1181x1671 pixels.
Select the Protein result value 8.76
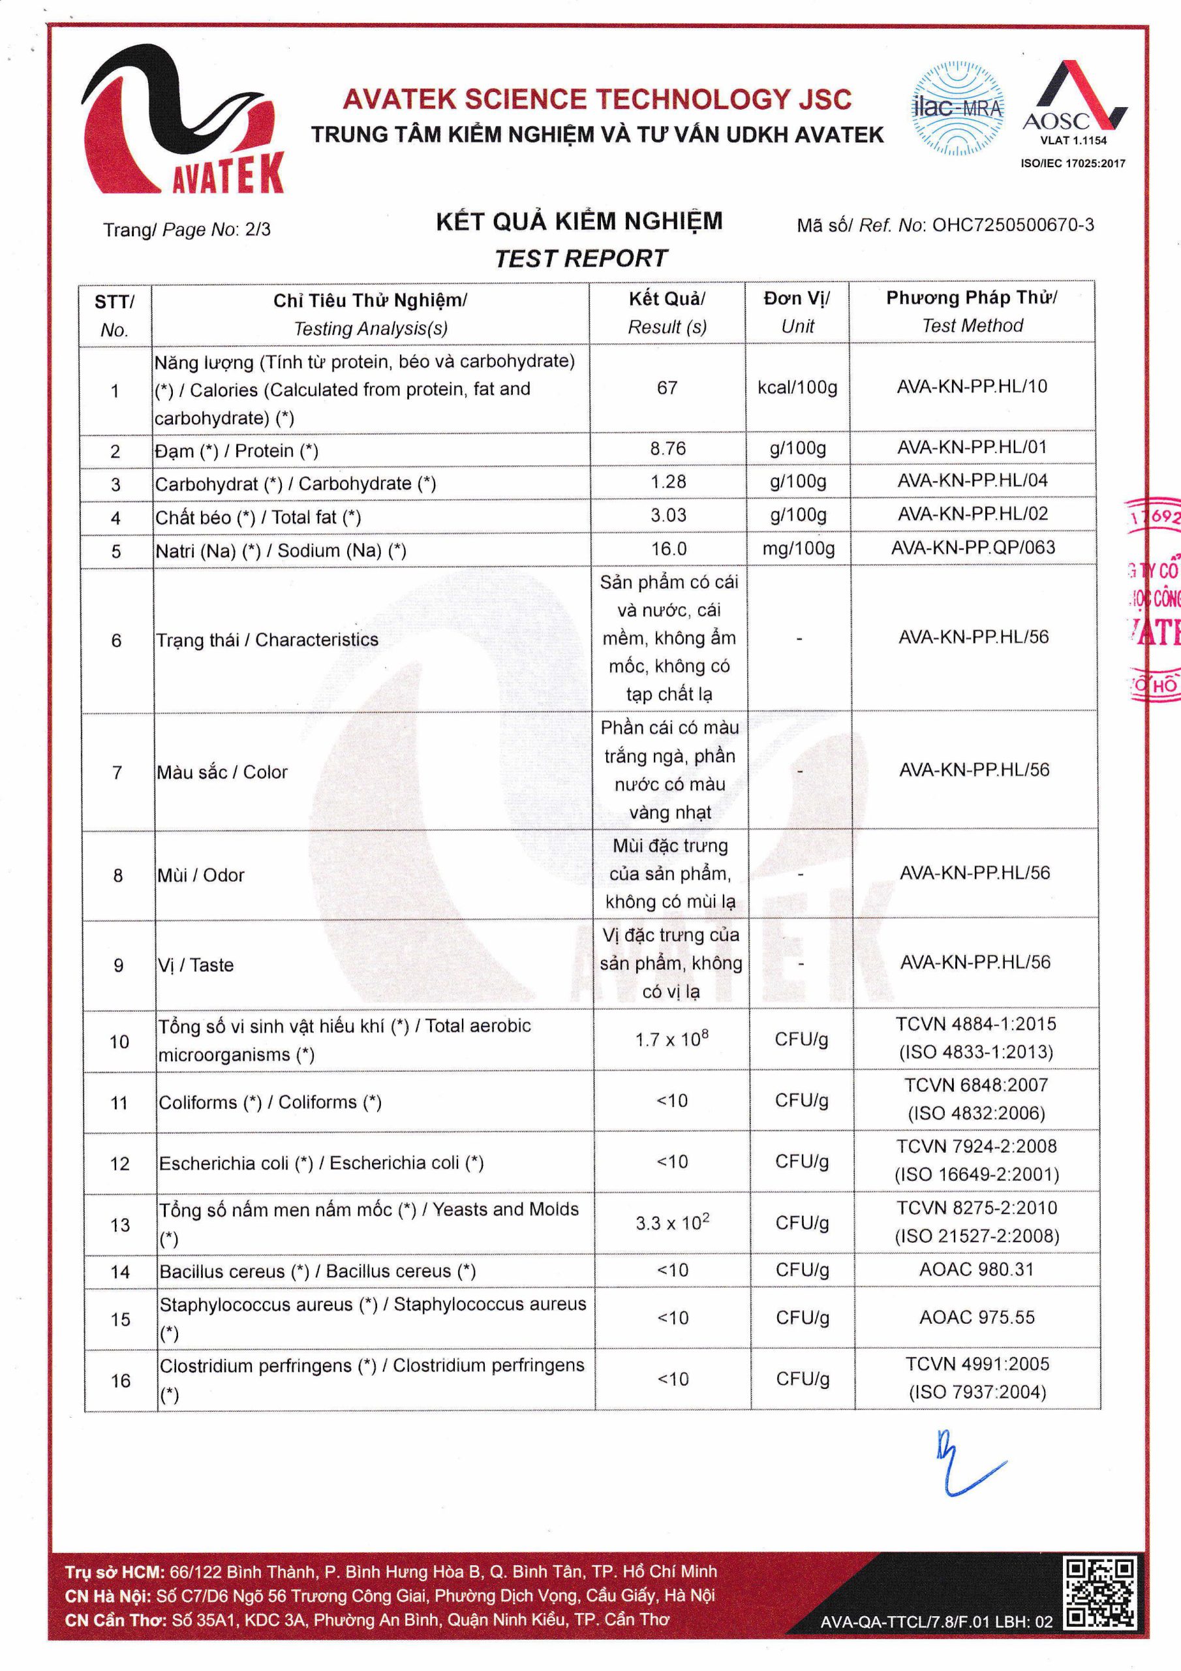pyautogui.click(x=667, y=448)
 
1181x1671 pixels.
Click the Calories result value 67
pyautogui.click(x=667, y=388)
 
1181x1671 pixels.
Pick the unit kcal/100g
pyautogui.click(x=797, y=388)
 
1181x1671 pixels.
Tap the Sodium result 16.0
pyautogui.click(x=668, y=549)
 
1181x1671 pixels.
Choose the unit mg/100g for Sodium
pyautogui.click(x=798, y=548)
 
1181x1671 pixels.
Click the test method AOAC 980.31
pyautogui.click(x=976, y=1270)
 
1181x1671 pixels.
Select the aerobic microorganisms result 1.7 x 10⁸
pyautogui.click(x=671, y=1039)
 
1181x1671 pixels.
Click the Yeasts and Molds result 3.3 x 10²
pyautogui.click(x=671, y=1223)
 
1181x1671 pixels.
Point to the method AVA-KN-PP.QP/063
pyautogui.click(x=973, y=547)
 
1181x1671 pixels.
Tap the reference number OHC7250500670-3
pyautogui.click(x=1012, y=225)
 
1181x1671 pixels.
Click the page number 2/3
pyautogui.click(x=258, y=229)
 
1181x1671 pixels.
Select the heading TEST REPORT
pyautogui.click(x=580, y=258)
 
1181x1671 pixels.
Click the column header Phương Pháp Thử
pyautogui.click(x=972, y=298)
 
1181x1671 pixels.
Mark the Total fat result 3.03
pyautogui.click(x=668, y=515)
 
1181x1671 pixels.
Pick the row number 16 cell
pyautogui.click(x=120, y=1381)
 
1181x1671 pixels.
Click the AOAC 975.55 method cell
pyautogui.click(x=976, y=1317)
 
